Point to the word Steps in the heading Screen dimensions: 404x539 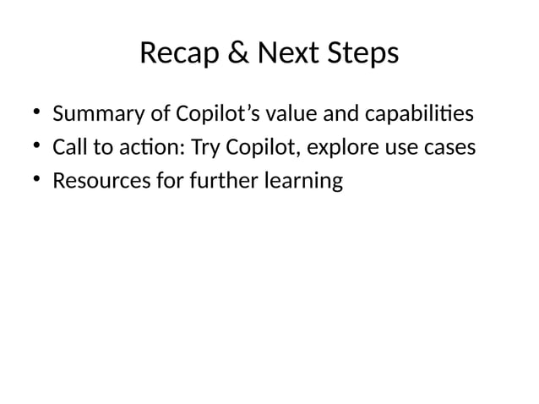(x=363, y=54)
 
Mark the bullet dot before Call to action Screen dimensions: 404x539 (x=38, y=148)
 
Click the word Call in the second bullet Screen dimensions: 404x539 (x=68, y=148)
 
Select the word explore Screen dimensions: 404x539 (x=344, y=148)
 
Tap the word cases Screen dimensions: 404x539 (x=449, y=148)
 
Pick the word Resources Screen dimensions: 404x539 (x=98, y=182)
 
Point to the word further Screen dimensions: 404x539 (x=212, y=182)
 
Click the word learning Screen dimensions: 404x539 (x=302, y=182)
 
